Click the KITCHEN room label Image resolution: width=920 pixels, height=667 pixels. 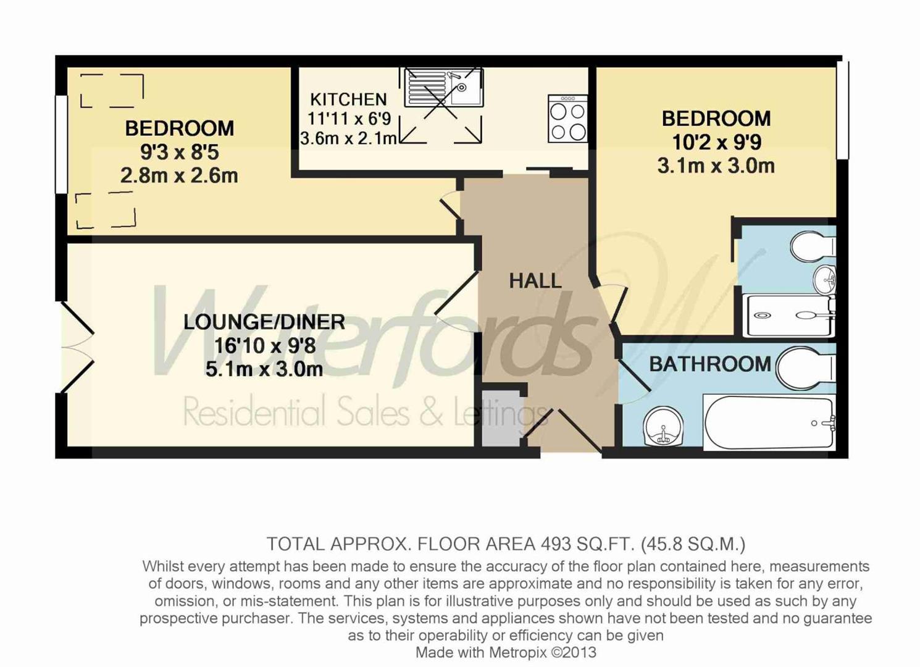(x=348, y=99)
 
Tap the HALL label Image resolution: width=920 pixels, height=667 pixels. (x=535, y=281)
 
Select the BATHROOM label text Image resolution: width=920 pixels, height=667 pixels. (x=709, y=364)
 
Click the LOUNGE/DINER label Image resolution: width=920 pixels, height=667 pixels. (x=264, y=322)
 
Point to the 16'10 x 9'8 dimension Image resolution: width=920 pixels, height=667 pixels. (x=264, y=346)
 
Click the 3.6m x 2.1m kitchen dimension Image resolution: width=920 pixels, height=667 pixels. (x=348, y=138)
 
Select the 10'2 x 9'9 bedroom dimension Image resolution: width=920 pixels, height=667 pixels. (x=716, y=143)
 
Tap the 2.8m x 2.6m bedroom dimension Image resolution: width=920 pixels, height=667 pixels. (x=179, y=176)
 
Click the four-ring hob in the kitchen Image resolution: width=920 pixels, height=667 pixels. (x=567, y=119)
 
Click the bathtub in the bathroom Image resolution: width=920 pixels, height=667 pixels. (x=769, y=423)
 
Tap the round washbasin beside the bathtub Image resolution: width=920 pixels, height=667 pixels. (x=663, y=427)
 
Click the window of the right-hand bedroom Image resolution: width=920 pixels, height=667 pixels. (x=842, y=110)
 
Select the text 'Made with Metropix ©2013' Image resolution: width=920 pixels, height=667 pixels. (x=505, y=652)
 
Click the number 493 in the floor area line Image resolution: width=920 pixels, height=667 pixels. (x=556, y=544)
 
